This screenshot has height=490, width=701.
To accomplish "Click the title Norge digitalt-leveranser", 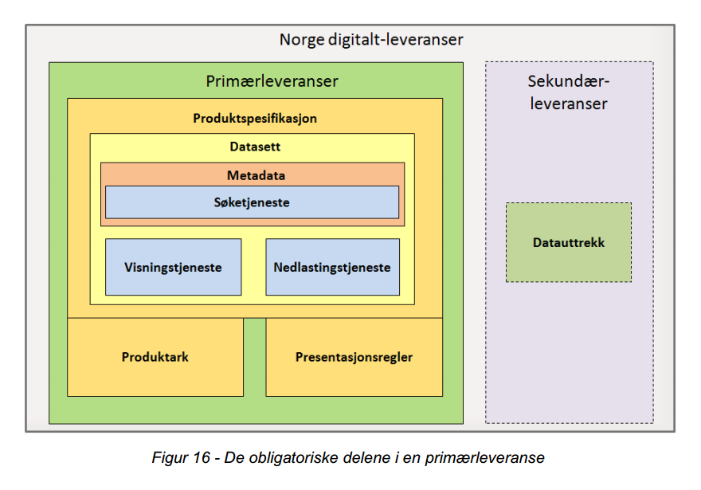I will click(371, 39).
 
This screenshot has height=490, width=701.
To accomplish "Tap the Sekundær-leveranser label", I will click(568, 92).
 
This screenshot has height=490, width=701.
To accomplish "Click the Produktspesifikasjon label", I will click(255, 118).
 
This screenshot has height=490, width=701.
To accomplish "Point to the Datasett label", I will click(255, 147).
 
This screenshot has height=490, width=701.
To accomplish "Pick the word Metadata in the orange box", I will click(256, 175).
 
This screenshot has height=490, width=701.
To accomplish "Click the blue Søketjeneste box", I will click(252, 202).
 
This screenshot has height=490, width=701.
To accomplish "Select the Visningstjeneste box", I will click(173, 267).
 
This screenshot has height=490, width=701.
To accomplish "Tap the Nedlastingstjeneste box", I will click(332, 267).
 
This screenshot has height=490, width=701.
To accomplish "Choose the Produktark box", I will click(155, 357).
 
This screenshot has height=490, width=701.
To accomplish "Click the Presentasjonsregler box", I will click(354, 357).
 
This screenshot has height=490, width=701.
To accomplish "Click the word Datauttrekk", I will click(568, 242).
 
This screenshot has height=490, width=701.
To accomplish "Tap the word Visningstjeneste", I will click(173, 267).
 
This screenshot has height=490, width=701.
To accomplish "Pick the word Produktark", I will click(155, 357).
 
